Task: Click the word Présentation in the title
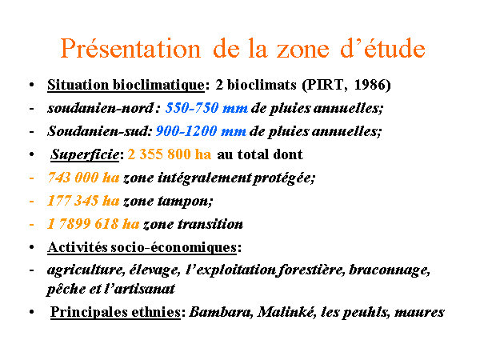coord(130,49)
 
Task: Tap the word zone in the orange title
coord(302,50)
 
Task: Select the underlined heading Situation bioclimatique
coord(126,85)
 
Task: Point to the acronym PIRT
coord(325,85)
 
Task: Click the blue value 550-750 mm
coord(206,108)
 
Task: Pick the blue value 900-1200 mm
coord(201,131)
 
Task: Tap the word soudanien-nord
coord(101,108)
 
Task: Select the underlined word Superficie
coord(85,154)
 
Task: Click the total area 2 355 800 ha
coord(170,154)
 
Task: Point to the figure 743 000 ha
coord(83,178)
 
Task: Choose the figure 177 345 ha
coord(83,201)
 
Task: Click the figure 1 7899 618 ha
coord(94,224)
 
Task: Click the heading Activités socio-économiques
coord(142,247)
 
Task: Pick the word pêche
coord(66,289)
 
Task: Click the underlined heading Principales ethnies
coord(115,312)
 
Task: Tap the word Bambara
coord(220,312)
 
